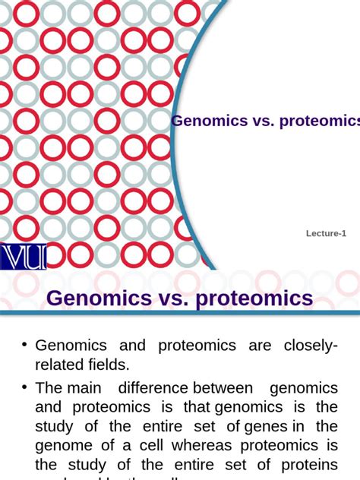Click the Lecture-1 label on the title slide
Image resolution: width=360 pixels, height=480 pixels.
pos(326,234)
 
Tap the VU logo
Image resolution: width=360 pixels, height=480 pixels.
pos(24,257)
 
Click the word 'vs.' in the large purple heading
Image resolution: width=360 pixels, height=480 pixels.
pos(172,298)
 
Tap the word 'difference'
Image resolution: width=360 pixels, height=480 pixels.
pos(152,387)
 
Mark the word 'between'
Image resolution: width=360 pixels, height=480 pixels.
pos(223,387)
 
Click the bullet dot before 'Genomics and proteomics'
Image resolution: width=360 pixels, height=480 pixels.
pos(25,345)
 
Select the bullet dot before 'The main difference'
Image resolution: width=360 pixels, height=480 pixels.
pos(25,387)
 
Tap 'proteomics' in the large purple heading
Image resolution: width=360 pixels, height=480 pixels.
pos(254,298)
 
